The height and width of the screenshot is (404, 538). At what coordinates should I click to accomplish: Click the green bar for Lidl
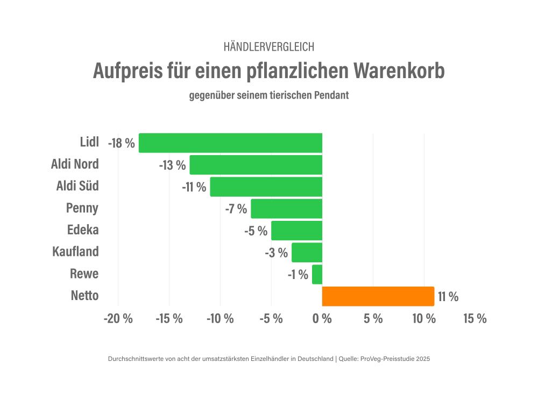[x=230, y=143]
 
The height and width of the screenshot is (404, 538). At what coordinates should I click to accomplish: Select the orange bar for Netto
[x=378, y=296]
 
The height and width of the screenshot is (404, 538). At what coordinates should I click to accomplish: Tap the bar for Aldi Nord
[x=256, y=165]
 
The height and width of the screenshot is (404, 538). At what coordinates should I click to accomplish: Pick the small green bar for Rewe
[x=317, y=274]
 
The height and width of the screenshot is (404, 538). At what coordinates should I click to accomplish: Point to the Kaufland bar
[x=307, y=252]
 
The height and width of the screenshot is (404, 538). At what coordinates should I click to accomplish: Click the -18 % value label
[x=121, y=143]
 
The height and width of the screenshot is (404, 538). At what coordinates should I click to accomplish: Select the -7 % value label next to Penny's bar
[x=236, y=209]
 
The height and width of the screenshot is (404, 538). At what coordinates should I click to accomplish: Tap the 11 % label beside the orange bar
[x=448, y=297]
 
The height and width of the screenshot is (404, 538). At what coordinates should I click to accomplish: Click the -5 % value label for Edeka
[x=256, y=231]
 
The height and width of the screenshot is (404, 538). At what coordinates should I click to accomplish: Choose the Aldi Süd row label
[x=77, y=186]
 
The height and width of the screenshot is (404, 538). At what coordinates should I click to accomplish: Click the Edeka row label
[x=83, y=230]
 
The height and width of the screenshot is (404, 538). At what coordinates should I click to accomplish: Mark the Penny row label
[x=82, y=208]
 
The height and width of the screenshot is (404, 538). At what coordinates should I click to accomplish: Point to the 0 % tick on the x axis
[x=322, y=318]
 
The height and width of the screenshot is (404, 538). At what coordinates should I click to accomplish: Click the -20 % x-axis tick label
[x=118, y=318]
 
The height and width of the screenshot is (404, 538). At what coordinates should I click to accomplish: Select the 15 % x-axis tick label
[x=475, y=318]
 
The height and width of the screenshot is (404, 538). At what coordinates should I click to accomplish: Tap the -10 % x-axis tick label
[x=220, y=318]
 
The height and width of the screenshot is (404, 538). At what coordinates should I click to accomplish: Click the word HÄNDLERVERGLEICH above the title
[x=268, y=47]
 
